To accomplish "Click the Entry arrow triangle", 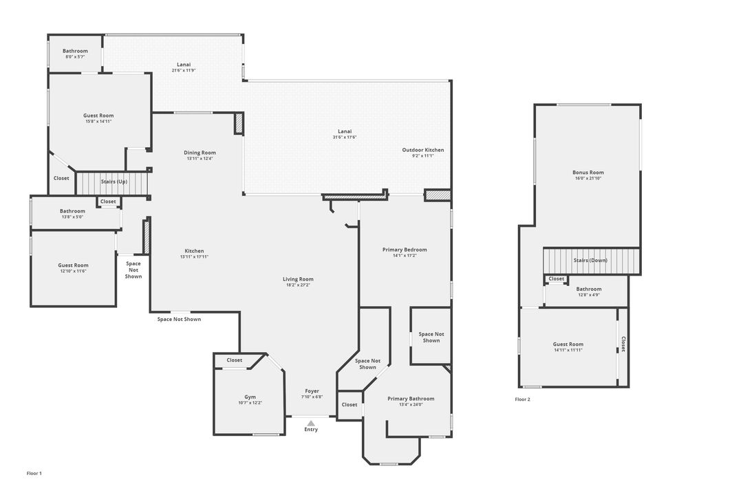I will (x=312, y=423).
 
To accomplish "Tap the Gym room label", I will (x=250, y=397).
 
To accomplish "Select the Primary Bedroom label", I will (x=405, y=250).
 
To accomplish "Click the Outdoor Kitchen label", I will (x=423, y=150).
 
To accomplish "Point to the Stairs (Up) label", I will (x=114, y=181).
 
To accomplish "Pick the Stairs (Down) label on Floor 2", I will (x=590, y=261).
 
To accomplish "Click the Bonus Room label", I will (x=588, y=173).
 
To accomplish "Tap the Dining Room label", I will (x=200, y=153).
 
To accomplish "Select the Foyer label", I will (x=312, y=391).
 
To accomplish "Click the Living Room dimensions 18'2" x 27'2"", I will (x=298, y=285).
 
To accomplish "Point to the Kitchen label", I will (x=194, y=251).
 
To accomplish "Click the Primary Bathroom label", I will (x=411, y=399).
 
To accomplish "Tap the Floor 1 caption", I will (x=34, y=473).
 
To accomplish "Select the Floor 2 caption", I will (x=523, y=399).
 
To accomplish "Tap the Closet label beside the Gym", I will (x=235, y=360).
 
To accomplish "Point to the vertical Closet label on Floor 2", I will (x=623, y=344).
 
